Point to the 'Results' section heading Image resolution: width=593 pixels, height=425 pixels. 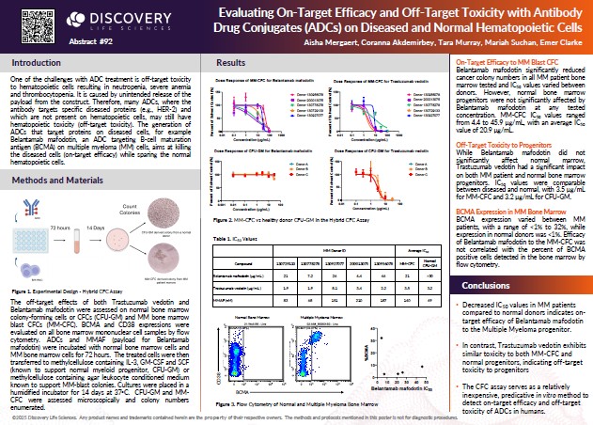click(x=231, y=62)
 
